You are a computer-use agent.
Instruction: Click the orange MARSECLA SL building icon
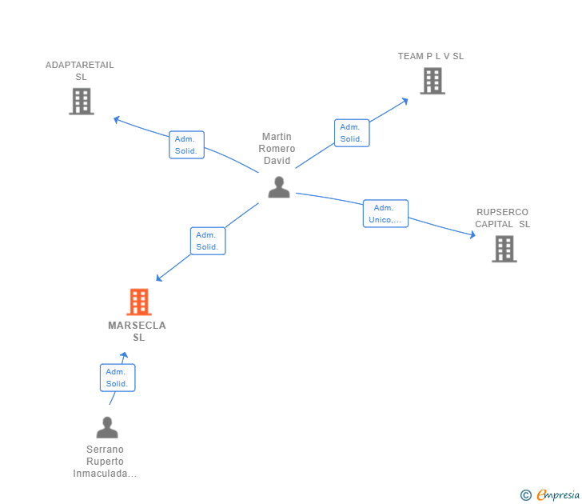[138, 302]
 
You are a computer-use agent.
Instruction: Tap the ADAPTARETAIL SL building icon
[81, 101]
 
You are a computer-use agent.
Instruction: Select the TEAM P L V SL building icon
[432, 81]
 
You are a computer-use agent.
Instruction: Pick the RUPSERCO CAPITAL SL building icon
[504, 249]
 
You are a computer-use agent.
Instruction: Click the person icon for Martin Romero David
[278, 187]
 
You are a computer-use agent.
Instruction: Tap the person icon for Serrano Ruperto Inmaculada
[106, 428]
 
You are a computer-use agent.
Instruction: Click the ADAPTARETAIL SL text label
[80, 70]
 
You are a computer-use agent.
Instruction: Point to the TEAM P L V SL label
[431, 56]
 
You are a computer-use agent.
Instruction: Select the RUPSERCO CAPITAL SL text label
[502, 218]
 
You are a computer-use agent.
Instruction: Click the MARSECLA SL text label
[138, 331]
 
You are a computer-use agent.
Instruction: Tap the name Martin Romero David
[278, 149]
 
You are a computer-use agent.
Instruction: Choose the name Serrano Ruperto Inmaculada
[105, 462]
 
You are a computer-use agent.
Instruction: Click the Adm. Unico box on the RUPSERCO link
[385, 214]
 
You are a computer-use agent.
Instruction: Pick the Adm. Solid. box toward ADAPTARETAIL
[187, 145]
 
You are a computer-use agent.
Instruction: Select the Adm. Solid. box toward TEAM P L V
[352, 133]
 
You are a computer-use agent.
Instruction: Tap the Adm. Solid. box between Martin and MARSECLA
[208, 241]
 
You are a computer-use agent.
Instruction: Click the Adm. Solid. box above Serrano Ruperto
[118, 378]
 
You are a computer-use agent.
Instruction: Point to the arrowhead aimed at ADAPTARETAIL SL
[117, 120]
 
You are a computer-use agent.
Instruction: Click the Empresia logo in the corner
[550, 494]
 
